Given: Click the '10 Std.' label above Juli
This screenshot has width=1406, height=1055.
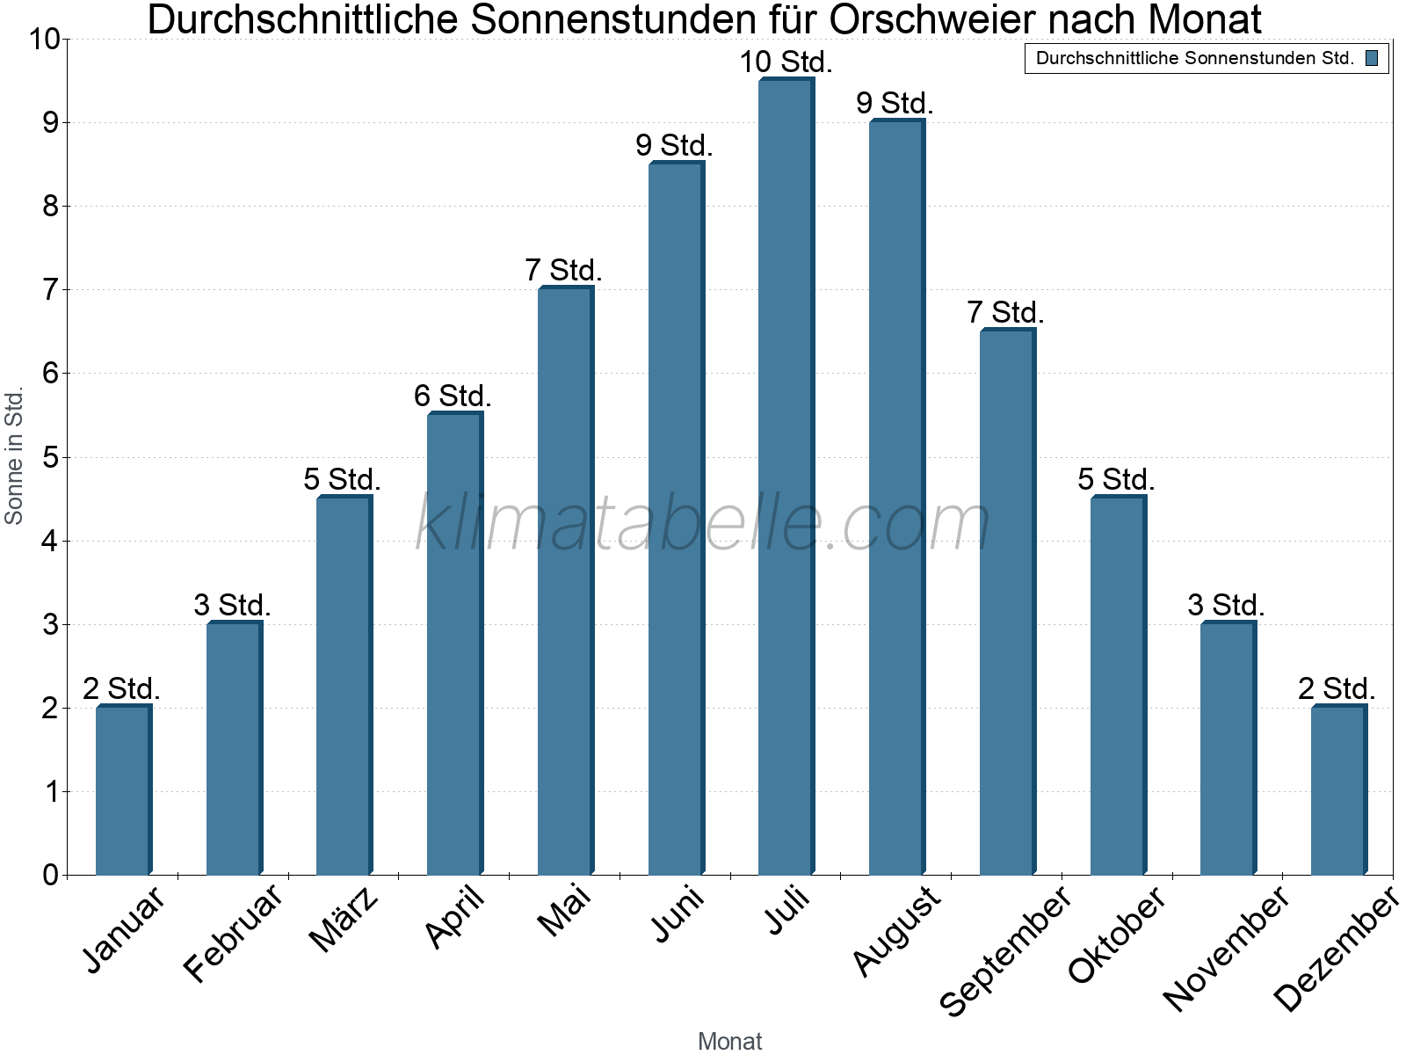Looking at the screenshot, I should pos(786,62).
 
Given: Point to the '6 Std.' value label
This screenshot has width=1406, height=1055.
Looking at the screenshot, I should pos(453,397).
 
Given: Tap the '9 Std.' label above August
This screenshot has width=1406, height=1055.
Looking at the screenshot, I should pos(895,104).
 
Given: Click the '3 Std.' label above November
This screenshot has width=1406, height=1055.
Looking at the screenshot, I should pos(1226,606).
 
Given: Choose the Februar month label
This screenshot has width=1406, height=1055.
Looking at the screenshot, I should pos(234,933).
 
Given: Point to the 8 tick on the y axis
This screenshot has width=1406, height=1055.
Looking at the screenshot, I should pos(49,207).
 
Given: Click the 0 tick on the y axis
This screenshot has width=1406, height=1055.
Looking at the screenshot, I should pos(49,876).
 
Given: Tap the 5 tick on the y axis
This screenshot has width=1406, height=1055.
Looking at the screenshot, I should pos(49,458).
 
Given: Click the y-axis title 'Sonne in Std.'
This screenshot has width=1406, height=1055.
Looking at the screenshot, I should pos(14,457).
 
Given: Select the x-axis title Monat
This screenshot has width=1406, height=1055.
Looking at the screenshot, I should pos(729,1042).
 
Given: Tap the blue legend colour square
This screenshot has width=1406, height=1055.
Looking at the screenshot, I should pos(1372,59).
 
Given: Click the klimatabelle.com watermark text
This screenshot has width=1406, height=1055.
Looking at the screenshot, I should pos(703,523).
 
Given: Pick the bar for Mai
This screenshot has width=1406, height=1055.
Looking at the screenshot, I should pos(565,580).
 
